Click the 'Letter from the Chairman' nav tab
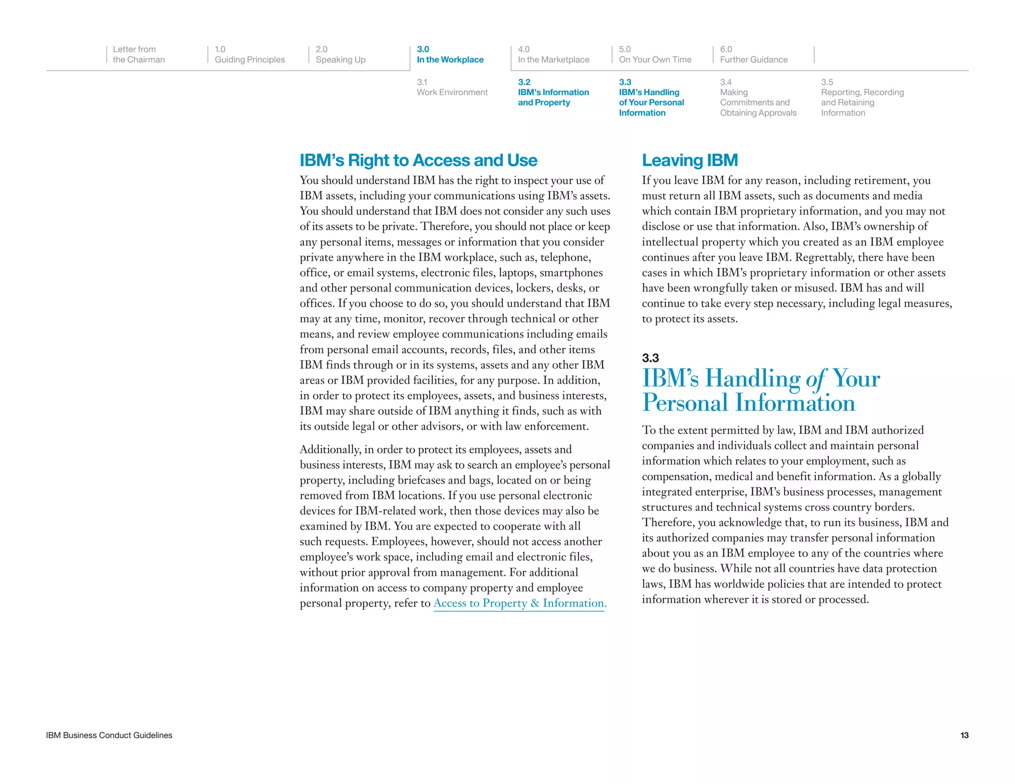click(138, 55)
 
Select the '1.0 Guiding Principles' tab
click(249, 55)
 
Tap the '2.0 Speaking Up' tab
click(340, 55)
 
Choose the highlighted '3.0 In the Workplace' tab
click(450, 55)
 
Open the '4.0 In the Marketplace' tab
click(553, 55)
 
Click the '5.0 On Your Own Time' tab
click(655, 55)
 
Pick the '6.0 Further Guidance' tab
click(753, 55)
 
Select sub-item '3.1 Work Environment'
click(451, 87)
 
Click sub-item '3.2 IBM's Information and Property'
click(553, 93)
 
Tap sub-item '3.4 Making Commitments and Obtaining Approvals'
click(758, 98)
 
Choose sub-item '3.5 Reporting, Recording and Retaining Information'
click(862, 98)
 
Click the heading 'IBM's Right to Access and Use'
click(418, 161)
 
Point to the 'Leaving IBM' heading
click(689, 161)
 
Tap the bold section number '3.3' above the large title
click(650, 358)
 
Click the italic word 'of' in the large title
click(816, 380)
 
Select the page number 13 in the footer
click(964, 735)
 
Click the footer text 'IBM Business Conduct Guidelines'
click(109, 735)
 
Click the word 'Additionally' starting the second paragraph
click(330, 449)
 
